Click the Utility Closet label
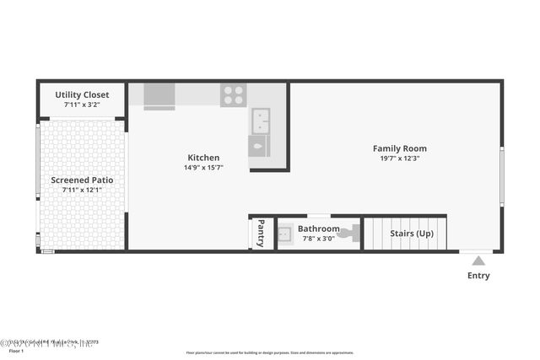click(x=82, y=95)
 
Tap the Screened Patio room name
click(x=82, y=180)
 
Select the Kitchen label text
click(x=203, y=158)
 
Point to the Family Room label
click(x=400, y=148)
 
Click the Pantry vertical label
click(x=261, y=233)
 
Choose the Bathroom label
click(x=318, y=228)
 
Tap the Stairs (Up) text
click(x=412, y=233)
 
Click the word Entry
click(x=478, y=276)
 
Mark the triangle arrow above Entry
click(x=478, y=261)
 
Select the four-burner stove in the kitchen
click(x=234, y=95)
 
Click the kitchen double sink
click(x=260, y=121)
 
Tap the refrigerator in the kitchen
click(x=159, y=95)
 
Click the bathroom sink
click(x=286, y=233)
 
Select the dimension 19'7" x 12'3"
click(x=400, y=159)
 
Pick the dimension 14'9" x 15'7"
click(x=203, y=168)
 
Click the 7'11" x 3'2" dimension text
click(x=82, y=105)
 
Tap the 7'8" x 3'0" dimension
click(x=318, y=239)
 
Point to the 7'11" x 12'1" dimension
click(x=82, y=190)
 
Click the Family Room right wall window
click(x=501, y=176)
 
